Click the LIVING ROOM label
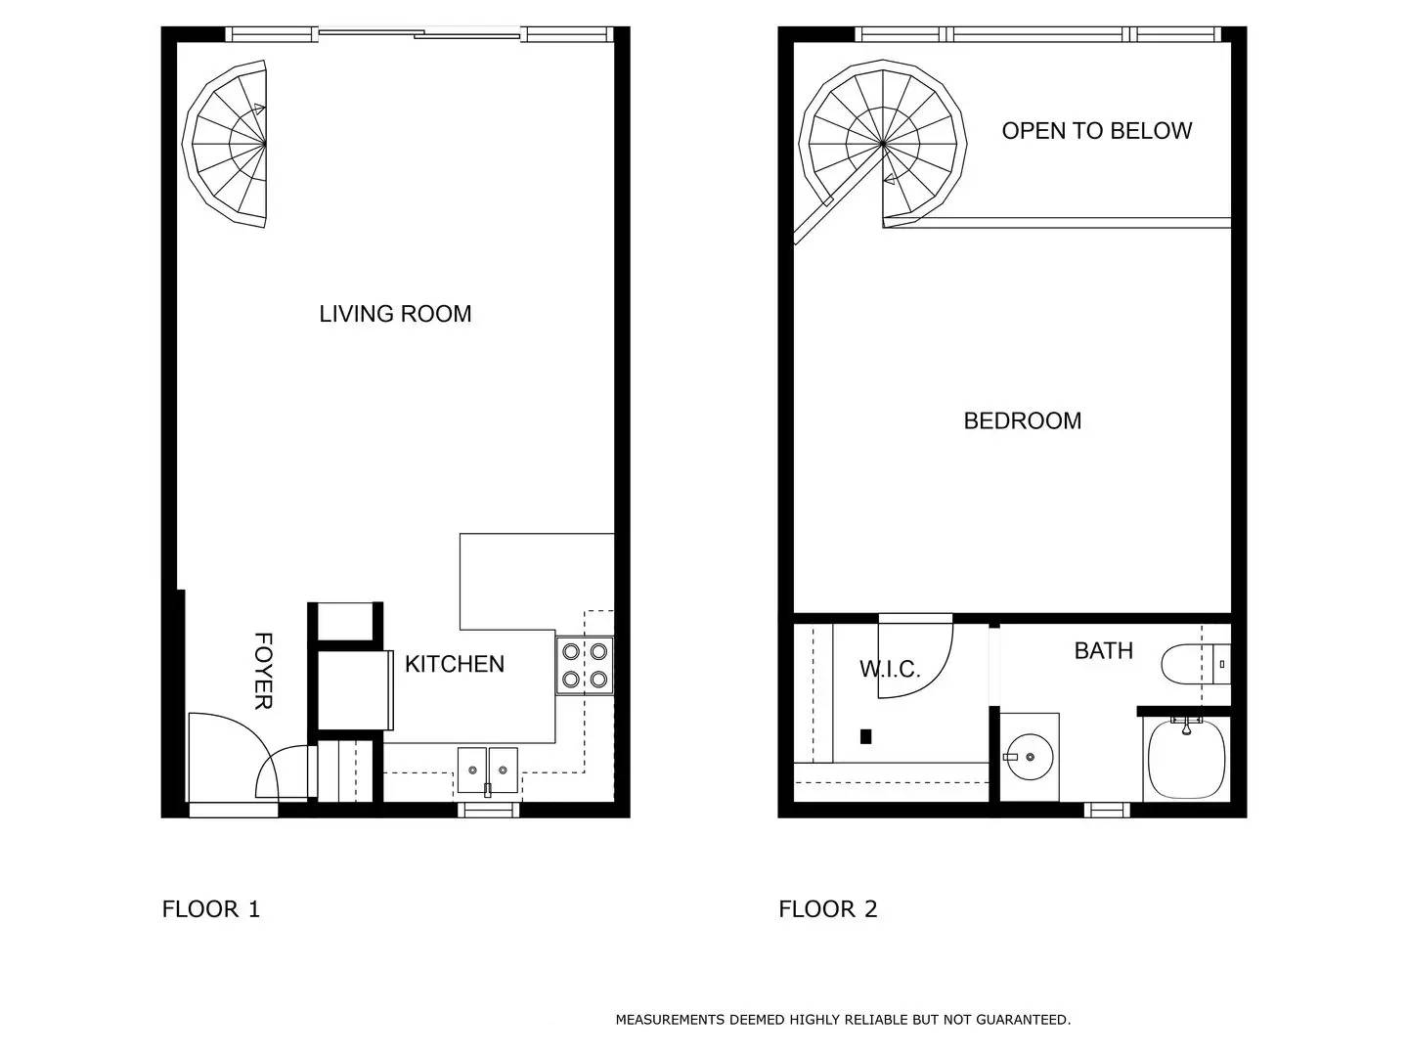pos(395,314)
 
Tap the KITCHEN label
pos(455,664)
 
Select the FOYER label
pos(263,671)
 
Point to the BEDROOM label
pos(1022,420)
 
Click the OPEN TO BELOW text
pos(1096,131)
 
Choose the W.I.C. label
pos(889,670)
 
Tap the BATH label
pos(1103,650)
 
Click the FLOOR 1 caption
pos(210,909)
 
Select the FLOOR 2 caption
pos(827,909)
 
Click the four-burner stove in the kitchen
pos(585,665)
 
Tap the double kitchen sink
pos(487,770)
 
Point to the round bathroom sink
pos(1029,757)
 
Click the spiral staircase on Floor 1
pos(231,145)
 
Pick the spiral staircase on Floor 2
pos(882,145)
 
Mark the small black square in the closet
pos(865,736)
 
